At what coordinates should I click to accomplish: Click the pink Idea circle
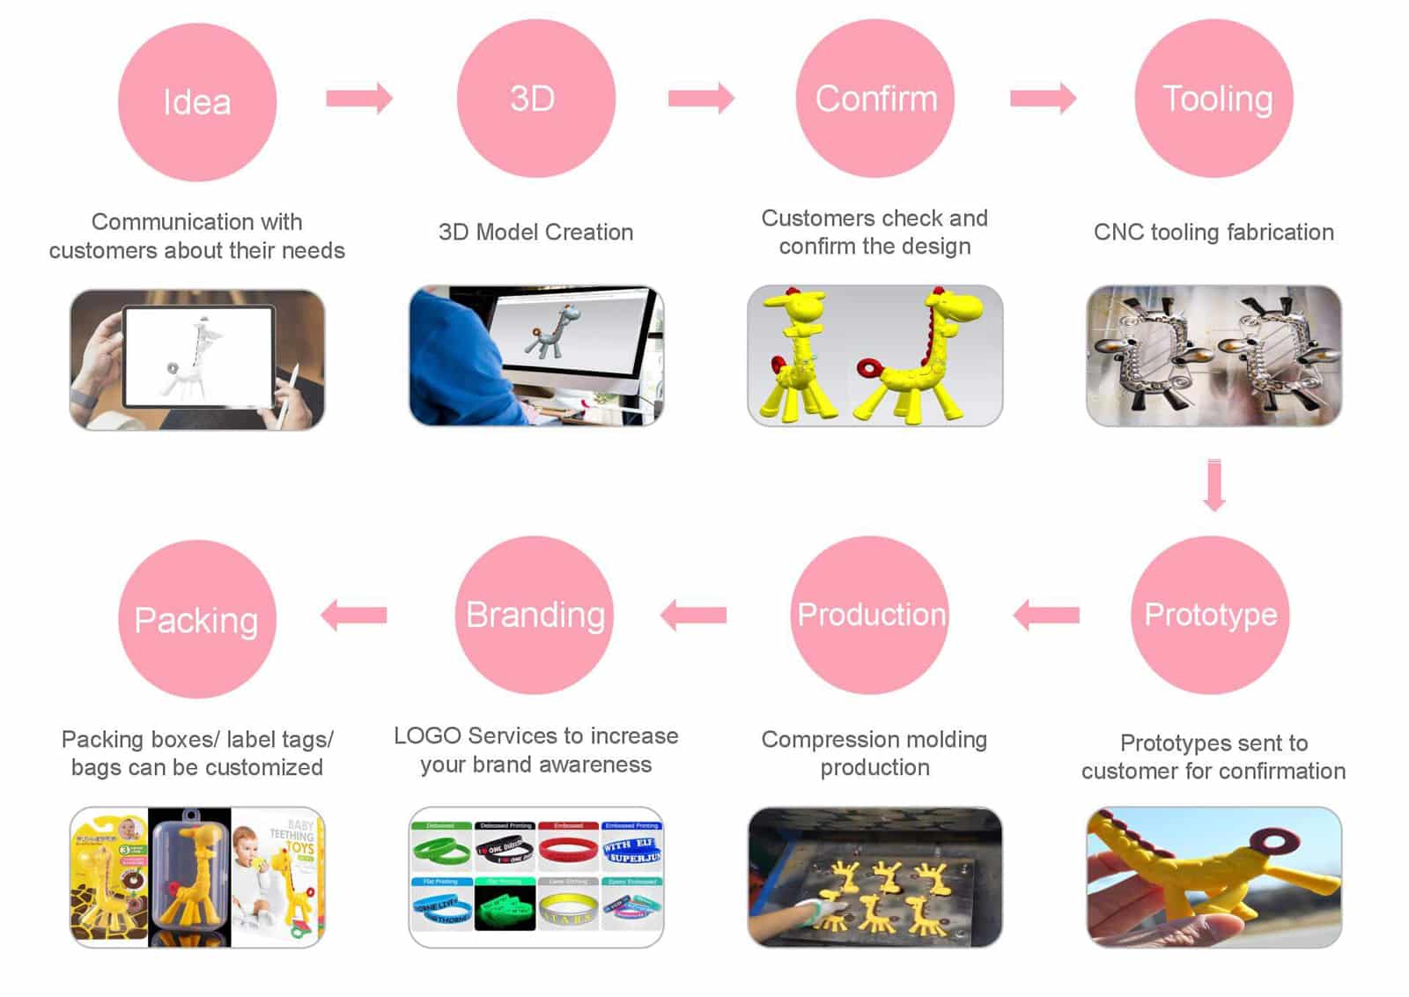[x=197, y=102]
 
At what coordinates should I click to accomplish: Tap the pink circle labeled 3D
[x=535, y=99]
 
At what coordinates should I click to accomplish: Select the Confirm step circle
[x=875, y=99]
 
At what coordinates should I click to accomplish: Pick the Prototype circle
[x=1210, y=615]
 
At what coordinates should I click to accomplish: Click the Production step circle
[x=870, y=615]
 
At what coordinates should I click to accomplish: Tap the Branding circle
[x=535, y=615]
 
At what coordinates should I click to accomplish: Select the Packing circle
[x=197, y=619]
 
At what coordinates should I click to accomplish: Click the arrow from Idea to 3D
[x=358, y=98]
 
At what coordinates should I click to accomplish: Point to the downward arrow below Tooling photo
[x=1214, y=484]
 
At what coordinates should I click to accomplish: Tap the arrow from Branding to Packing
[x=354, y=615]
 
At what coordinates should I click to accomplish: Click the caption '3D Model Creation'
[x=535, y=233]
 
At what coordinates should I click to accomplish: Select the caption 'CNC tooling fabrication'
[x=1214, y=233]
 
